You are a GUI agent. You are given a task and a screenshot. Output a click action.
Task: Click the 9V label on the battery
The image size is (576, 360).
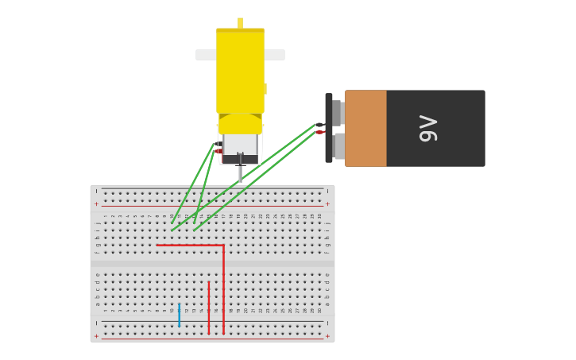point(428,128)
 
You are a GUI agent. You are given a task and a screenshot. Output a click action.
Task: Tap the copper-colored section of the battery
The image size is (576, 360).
point(365,128)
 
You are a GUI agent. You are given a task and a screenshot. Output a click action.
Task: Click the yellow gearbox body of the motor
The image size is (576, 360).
point(240,72)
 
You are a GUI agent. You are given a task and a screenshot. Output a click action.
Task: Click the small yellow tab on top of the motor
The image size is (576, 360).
point(240,22)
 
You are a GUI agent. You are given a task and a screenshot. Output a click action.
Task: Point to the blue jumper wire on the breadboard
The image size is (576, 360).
point(180,315)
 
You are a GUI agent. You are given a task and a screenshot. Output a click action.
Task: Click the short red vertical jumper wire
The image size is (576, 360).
point(209,307)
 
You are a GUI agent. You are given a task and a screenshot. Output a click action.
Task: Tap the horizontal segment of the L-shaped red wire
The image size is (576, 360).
point(191,246)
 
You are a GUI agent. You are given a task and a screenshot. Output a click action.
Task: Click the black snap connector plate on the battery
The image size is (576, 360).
point(328,128)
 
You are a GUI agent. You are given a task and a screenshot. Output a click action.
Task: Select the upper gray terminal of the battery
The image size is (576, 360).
point(337,112)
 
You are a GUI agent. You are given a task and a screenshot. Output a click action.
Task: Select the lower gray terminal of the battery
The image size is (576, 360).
point(339,146)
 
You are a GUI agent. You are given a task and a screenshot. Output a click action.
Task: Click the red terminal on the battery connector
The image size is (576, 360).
point(319,133)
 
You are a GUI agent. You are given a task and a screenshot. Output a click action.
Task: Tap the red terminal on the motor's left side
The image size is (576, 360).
point(218,151)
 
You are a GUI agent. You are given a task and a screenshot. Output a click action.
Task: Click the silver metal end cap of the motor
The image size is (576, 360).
point(240,145)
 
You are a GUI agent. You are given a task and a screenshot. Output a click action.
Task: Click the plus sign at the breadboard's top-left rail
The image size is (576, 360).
point(97,204)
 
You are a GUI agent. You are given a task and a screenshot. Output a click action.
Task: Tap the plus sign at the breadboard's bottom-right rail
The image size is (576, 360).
point(327,336)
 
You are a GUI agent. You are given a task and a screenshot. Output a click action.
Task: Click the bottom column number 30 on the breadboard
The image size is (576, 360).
point(319,310)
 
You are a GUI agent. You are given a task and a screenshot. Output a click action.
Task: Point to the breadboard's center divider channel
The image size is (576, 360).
point(212,261)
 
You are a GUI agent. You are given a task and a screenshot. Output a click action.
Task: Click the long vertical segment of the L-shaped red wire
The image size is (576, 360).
point(224,290)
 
